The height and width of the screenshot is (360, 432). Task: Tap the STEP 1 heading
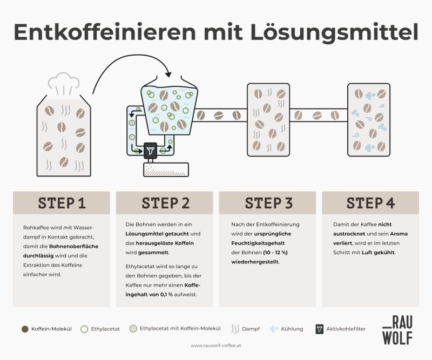coord(62,203)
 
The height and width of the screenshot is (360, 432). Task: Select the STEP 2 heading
coord(165,203)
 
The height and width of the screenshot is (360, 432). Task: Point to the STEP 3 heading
coord(268,203)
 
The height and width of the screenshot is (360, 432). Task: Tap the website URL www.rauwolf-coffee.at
coord(216,345)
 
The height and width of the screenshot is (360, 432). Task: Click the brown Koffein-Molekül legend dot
coord(25,329)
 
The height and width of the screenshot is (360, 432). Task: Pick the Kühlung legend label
coord(292,329)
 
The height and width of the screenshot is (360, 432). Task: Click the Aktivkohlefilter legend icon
coord(320,329)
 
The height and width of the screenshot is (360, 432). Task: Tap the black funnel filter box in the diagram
coord(150,151)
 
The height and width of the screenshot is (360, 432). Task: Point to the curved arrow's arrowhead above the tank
coord(169,74)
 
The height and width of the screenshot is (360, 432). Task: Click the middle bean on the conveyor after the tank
coord(219,114)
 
